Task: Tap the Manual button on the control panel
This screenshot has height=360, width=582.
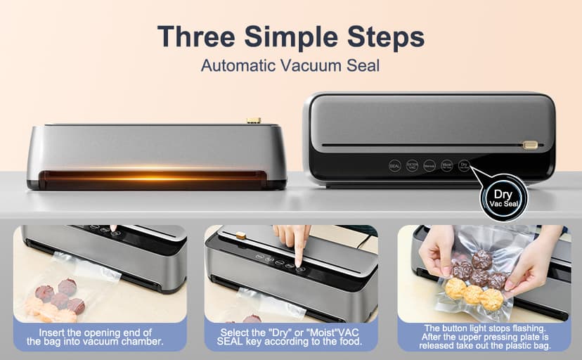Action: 429,166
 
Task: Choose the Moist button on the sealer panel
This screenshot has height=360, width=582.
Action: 446,166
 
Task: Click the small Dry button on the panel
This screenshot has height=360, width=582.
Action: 463,166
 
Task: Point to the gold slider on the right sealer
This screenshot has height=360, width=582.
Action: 530,145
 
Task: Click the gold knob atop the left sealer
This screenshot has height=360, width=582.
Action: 254,120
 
